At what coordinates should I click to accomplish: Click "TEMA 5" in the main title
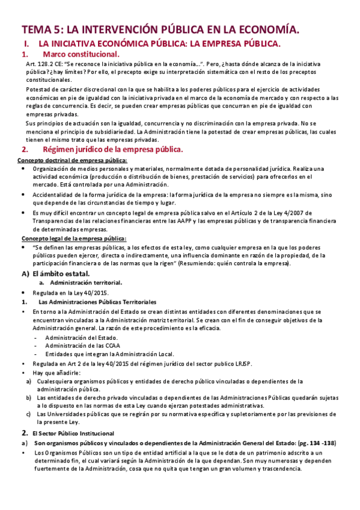click(41, 29)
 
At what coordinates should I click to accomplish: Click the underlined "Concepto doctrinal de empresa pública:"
click(72, 161)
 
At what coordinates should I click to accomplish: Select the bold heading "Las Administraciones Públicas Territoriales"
click(97, 301)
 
